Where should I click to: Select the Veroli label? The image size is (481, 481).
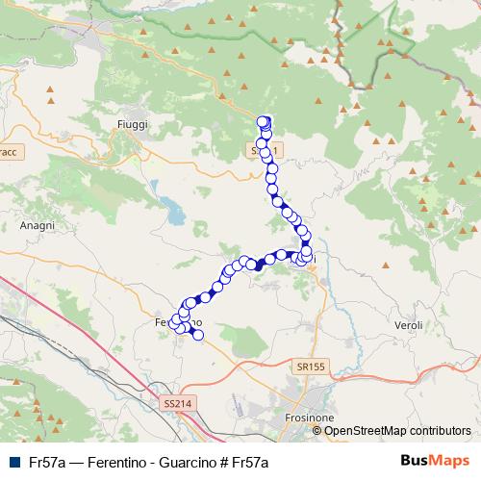409,326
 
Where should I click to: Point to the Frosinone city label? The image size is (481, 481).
310,419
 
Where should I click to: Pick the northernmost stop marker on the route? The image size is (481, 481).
265,120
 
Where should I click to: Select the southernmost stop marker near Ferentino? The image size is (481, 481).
198,335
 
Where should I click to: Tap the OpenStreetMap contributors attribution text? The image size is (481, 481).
397,431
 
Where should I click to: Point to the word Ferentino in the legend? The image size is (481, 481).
118,462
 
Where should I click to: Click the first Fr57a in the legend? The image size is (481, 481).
48,462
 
